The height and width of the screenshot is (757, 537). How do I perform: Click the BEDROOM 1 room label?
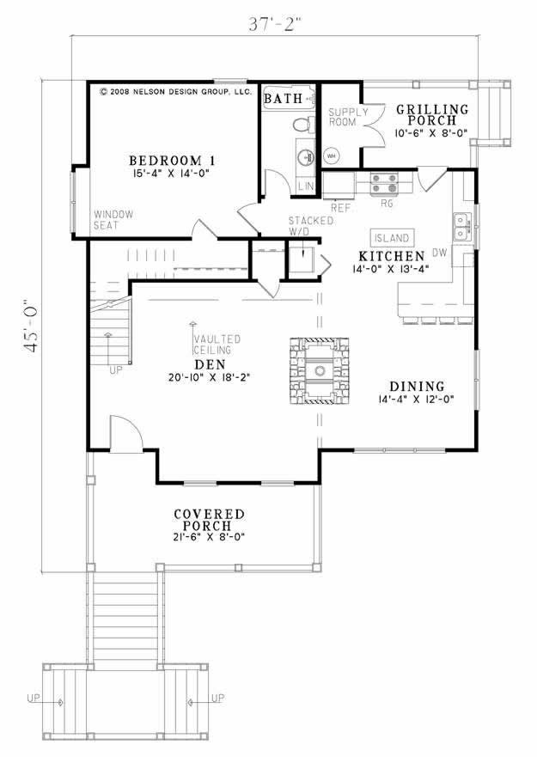(x=171, y=161)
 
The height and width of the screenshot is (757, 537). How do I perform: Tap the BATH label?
(x=283, y=99)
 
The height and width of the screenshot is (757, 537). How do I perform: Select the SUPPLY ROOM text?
(x=348, y=118)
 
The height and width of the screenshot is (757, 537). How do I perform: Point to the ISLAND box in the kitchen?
(x=392, y=237)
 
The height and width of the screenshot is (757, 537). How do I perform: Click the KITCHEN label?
(x=391, y=256)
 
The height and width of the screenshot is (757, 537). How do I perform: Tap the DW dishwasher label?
(x=439, y=253)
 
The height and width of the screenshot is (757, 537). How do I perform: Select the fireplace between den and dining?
(x=320, y=371)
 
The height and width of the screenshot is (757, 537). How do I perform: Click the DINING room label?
(x=416, y=387)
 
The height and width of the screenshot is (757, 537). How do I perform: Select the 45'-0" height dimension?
(x=32, y=327)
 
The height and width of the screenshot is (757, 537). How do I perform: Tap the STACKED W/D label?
(x=299, y=225)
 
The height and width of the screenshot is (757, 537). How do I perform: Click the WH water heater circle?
(x=331, y=156)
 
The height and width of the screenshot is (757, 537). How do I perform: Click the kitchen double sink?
(x=462, y=226)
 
